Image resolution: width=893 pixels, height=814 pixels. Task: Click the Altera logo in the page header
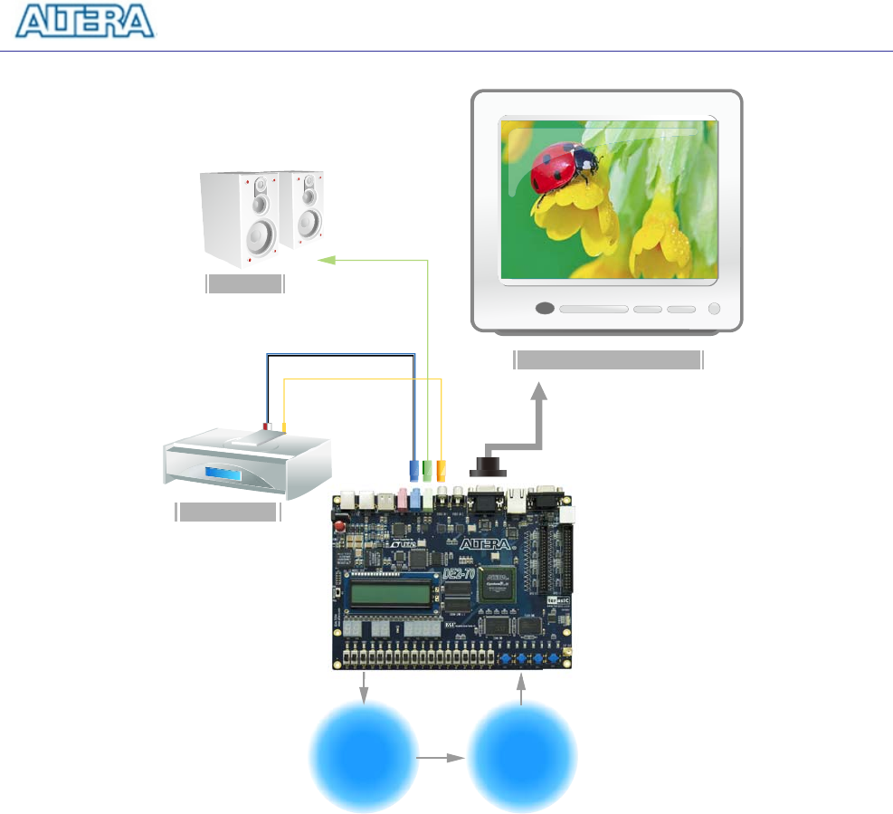86,22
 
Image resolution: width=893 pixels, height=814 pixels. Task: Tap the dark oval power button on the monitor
544,308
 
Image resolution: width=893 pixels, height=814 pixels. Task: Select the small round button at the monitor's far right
714,308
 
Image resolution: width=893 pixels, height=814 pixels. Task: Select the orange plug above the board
441,471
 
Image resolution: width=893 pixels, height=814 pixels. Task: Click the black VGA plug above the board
489,466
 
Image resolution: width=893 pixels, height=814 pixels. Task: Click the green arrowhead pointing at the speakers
325,261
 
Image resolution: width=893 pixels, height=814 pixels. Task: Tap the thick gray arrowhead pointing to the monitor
539,391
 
